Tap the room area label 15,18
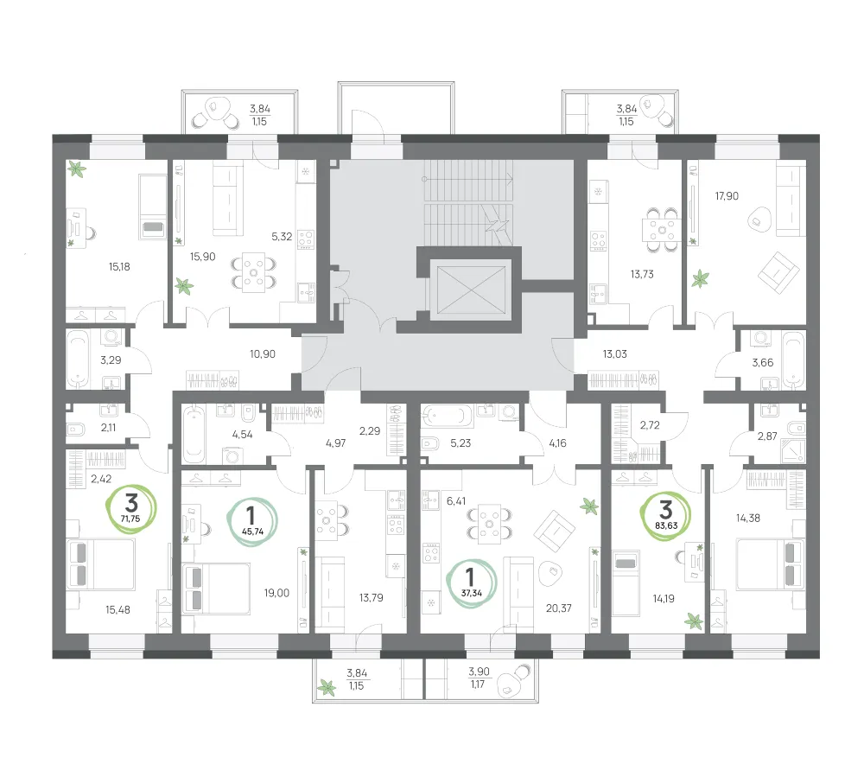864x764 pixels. (x=119, y=267)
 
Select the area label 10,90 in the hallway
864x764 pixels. (x=263, y=353)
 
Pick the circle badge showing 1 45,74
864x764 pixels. (x=251, y=521)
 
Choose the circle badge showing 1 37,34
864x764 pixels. (x=472, y=583)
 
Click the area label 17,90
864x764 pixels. (x=727, y=195)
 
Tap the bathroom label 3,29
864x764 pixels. (x=111, y=360)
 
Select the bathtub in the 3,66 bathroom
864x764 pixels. (x=792, y=360)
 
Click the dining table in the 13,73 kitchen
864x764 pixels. (x=662, y=229)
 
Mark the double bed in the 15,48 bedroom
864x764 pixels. (x=101, y=564)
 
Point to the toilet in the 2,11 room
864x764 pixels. (x=75, y=429)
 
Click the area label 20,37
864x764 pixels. (x=559, y=608)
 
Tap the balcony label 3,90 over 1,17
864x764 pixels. (x=479, y=678)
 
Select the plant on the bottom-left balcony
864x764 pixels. (x=327, y=687)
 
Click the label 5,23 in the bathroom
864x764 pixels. (x=461, y=442)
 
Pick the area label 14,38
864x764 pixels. (x=747, y=519)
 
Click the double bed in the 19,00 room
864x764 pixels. (x=216, y=589)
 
